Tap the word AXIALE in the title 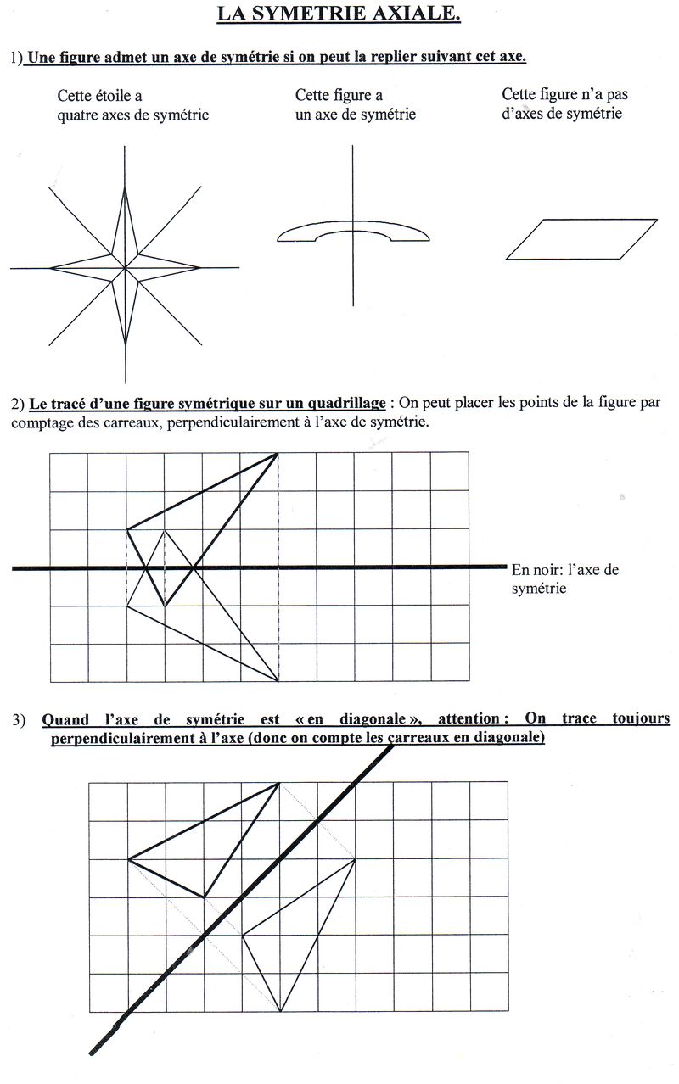pos(418,14)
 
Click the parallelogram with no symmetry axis pos(581,238)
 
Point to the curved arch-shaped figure pos(352,231)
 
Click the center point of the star pos(126,269)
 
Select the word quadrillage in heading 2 pos(344,403)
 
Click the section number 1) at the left pos(17,59)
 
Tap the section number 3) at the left pos(20,720)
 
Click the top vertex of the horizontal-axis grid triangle pos(278,454)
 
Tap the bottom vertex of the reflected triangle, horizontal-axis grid pos(278,681)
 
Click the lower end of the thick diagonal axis pos(92,1053)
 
